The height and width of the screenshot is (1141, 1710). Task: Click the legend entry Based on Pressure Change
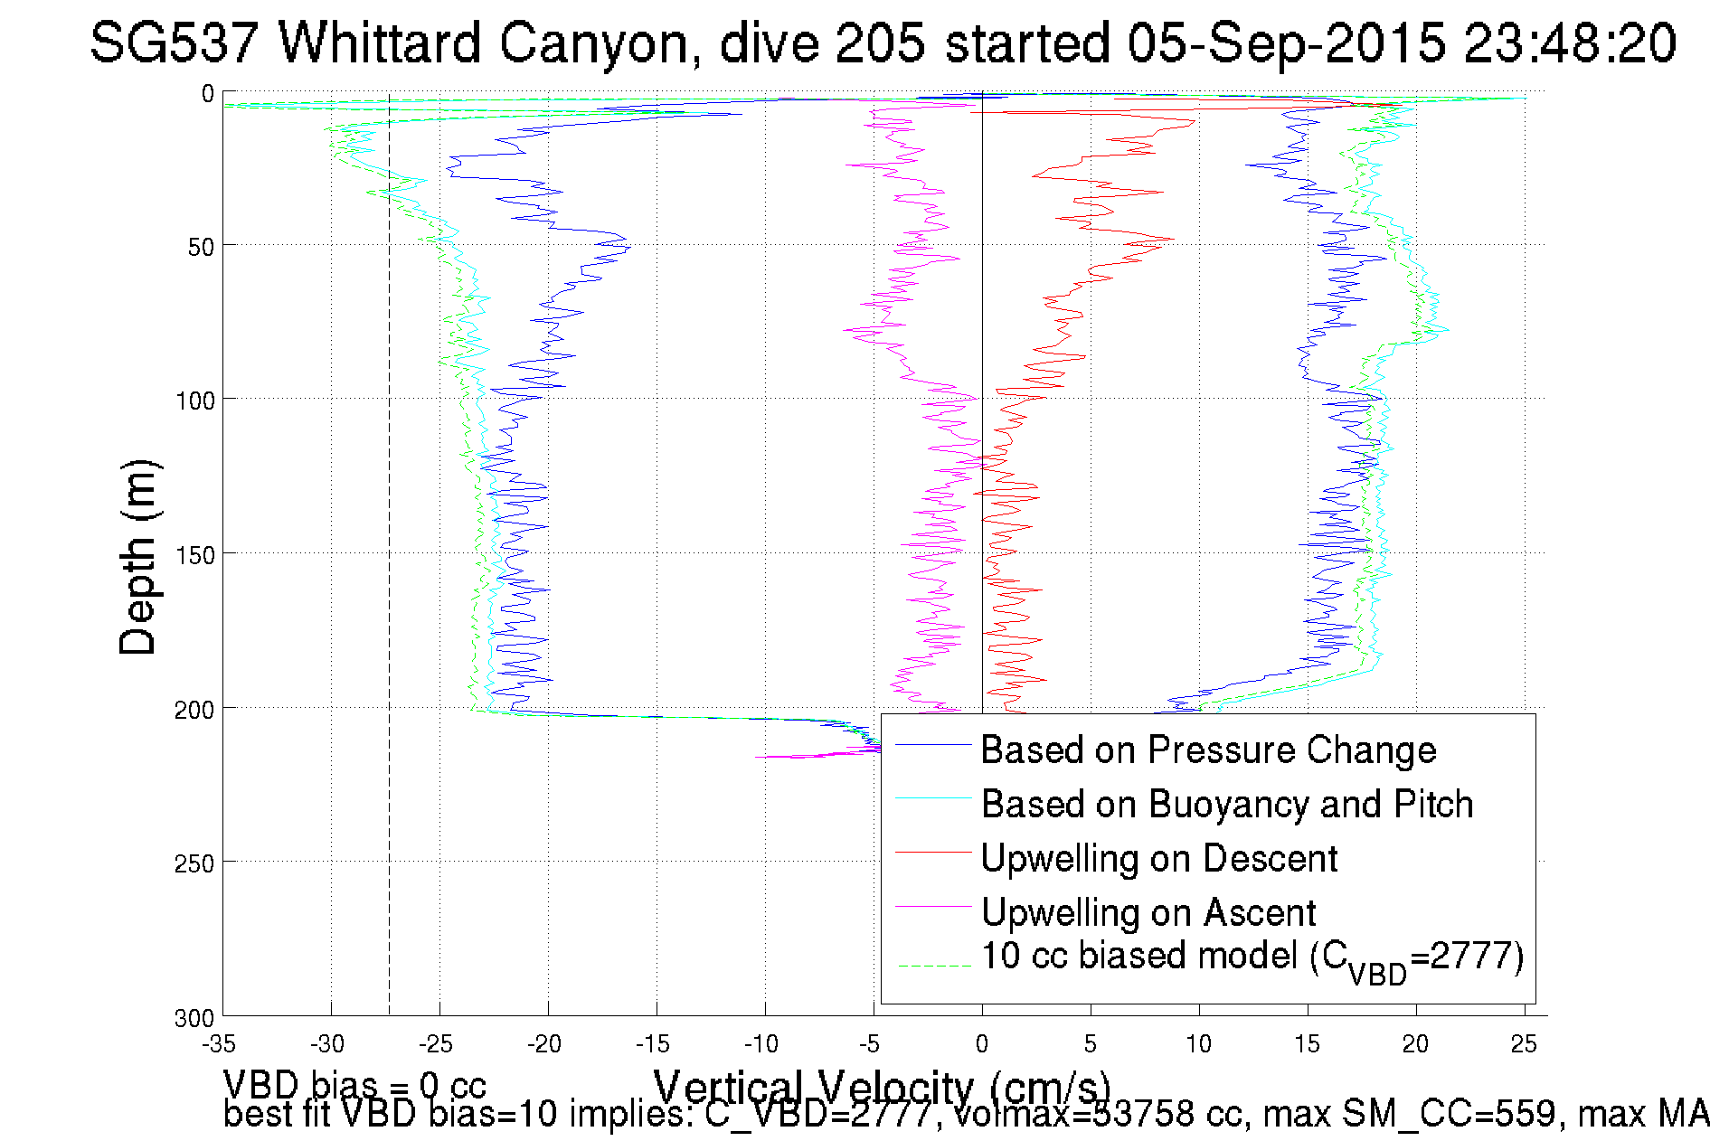pos(1208,750)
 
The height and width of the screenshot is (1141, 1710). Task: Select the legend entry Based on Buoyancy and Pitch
pos(1227,805)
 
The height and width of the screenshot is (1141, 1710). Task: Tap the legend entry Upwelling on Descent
pos(1158,859)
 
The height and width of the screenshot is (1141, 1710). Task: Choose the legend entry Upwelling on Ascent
pos(1148,913)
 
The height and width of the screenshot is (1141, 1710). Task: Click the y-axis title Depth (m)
pos(139,557)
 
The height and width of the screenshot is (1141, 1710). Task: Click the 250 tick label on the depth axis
pos(195,863)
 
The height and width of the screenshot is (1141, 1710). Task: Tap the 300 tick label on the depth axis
pos(195,1018)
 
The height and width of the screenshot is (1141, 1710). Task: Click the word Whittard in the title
pos(379,42)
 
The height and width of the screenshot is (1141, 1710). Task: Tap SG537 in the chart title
pos(175,42)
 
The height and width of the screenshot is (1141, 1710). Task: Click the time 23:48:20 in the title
pos(1570,42)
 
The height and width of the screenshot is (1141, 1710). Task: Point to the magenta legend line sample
pos(933,906)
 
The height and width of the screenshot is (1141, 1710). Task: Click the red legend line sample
pos(933,852)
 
